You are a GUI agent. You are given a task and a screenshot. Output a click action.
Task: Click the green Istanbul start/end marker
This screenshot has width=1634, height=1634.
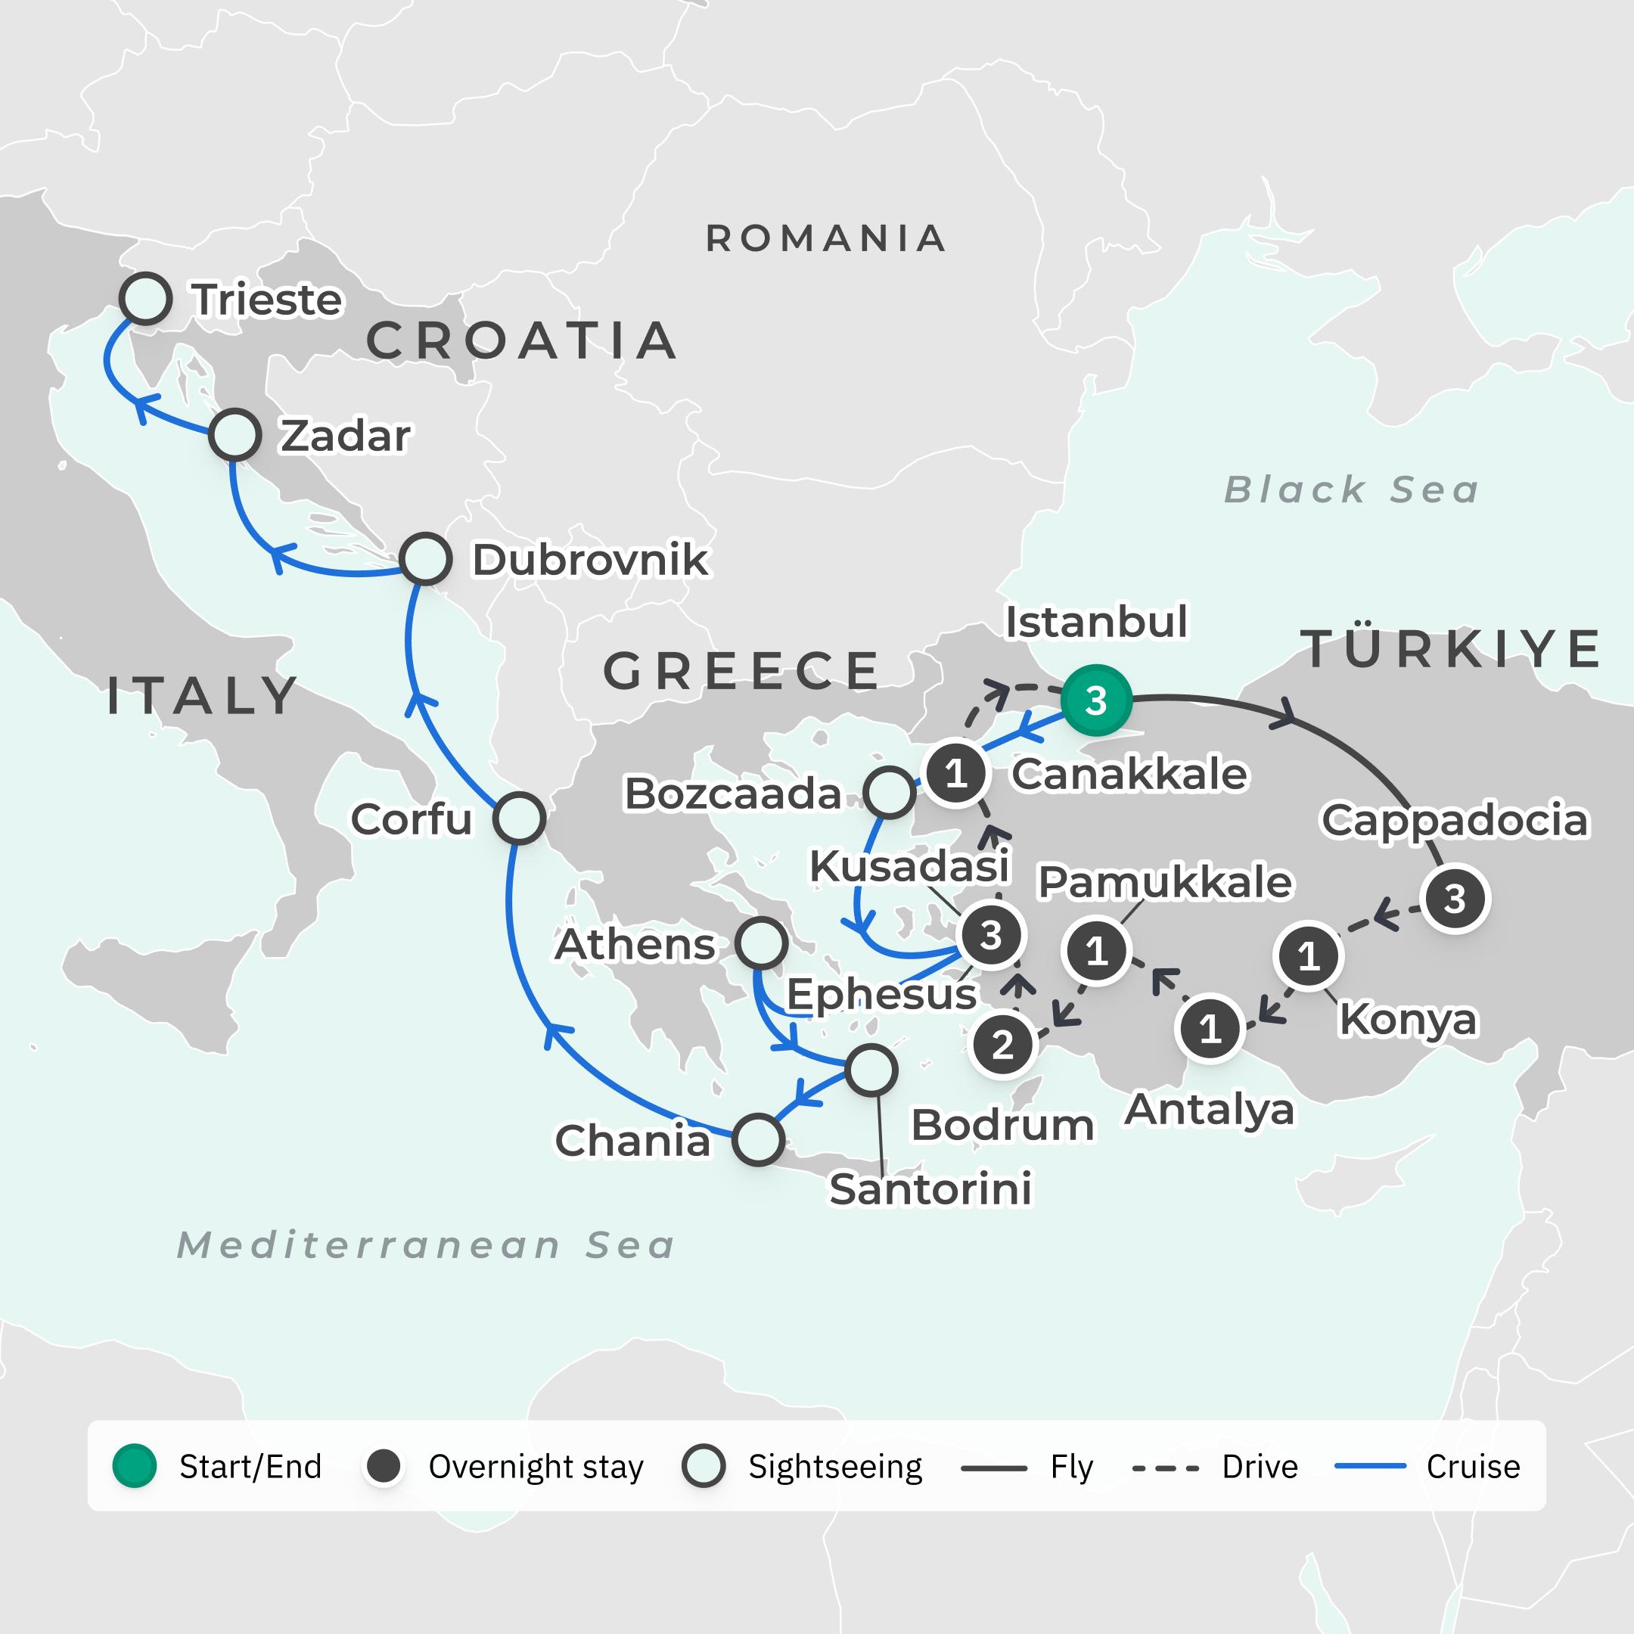[1095, 701]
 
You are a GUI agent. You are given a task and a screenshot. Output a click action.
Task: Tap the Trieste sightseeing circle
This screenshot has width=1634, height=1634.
[145, 299]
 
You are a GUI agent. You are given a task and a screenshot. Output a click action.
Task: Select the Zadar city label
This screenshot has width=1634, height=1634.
[345, 436]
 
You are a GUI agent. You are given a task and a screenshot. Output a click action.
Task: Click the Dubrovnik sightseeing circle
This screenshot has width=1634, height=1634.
[424, 559]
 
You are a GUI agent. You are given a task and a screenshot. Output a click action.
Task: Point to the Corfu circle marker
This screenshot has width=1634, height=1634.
[518, 818]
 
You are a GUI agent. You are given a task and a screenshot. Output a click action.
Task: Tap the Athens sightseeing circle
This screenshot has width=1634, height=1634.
[761, 943]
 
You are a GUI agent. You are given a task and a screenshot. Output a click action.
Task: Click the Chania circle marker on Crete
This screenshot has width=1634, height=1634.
[758, 1139]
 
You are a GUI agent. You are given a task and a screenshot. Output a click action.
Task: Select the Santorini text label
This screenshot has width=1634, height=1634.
[930, 1189]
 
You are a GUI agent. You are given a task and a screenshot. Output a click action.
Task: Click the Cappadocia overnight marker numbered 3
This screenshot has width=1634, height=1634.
[1454, 899]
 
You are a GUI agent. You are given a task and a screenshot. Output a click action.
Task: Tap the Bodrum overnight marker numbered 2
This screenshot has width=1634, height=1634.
[1002, 1045]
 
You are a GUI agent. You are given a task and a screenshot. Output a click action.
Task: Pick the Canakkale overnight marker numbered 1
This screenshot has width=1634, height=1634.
[955, 773]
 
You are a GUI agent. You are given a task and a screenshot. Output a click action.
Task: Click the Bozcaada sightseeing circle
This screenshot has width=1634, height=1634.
[889, 793]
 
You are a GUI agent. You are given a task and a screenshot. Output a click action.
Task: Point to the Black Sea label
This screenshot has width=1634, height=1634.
[1350, 489]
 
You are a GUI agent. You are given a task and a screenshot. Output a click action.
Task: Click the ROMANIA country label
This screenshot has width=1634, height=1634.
[825, 238]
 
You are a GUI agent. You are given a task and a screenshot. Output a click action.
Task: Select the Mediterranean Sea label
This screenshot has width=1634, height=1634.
[425, 1245]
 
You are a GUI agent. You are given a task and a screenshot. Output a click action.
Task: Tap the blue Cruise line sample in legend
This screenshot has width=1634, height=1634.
[1370, 1466]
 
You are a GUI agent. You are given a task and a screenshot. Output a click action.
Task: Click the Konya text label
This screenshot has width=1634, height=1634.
[1407, 1019]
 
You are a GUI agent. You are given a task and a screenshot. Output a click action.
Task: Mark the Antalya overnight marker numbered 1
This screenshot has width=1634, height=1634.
[1210, 1029]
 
